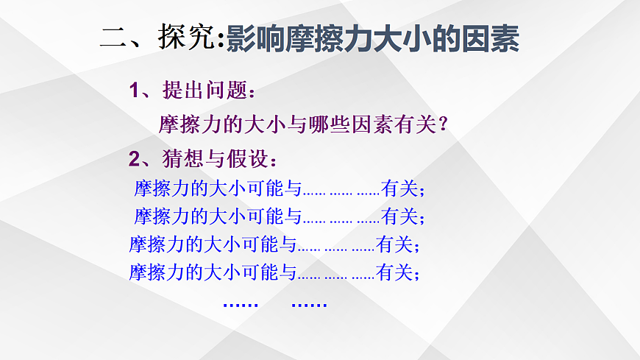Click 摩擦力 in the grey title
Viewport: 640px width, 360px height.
pyautogui.click(x=324, y=38)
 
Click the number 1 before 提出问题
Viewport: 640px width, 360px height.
pyautogui.click(x=134, y=91)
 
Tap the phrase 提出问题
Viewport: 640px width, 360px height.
pyautogui.click(x=210, y=91)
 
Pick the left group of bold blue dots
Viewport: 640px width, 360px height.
pyautogui.click(x=240, y=304)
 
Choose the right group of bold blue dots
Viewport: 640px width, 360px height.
pyautogui.click(x=309, y=304)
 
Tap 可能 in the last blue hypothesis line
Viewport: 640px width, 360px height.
pyautogui.click(x=260, y=272)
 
